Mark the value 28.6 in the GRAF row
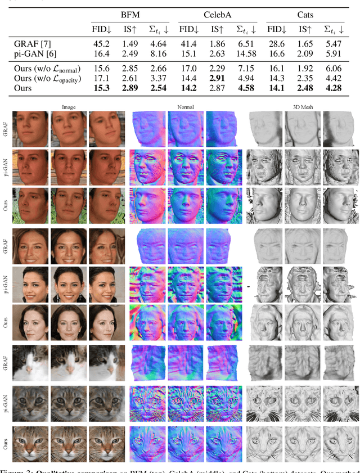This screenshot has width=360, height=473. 276,43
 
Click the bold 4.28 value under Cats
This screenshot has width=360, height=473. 336,89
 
